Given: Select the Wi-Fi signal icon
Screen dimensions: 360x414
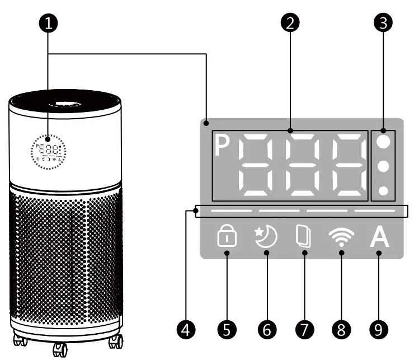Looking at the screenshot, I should pos(341,237).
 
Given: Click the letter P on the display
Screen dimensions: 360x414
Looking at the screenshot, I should pos(223,147).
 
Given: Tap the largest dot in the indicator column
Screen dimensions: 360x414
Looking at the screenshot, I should pos(383,142).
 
